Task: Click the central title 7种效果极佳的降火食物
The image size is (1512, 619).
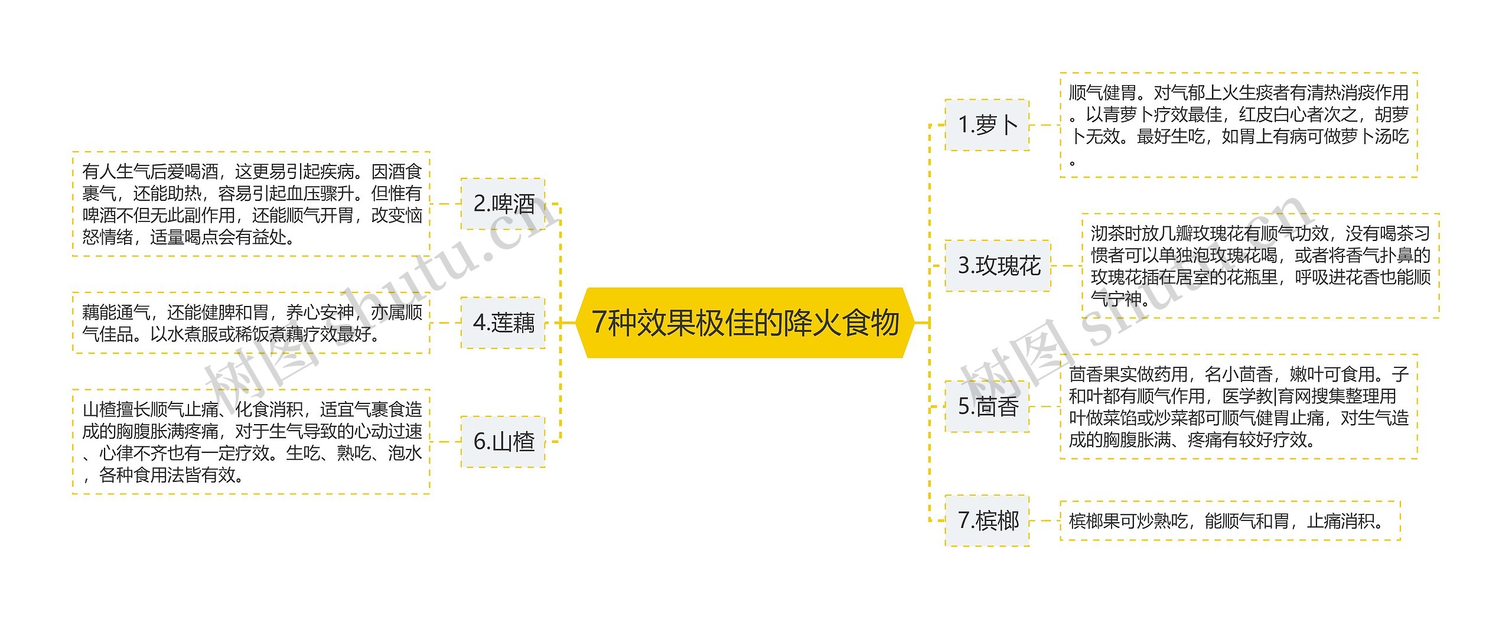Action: [745, 322]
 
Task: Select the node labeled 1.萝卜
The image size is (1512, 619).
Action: [987, 125]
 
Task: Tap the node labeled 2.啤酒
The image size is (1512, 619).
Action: [503, 204]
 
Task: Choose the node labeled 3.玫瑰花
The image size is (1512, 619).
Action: [998, 265]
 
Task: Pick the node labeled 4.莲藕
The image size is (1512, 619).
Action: [503, 322]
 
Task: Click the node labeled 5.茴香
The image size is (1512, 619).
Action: [987, 406]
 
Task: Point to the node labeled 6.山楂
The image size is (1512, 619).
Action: [503, 442]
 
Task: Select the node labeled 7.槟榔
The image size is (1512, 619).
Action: [987, 520]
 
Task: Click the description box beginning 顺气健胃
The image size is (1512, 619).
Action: [1238, 125]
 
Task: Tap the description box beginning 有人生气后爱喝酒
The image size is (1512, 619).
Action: [251, 204]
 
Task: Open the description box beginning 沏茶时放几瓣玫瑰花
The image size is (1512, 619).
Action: [1260, 265]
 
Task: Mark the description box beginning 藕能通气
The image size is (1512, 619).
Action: [251, 322]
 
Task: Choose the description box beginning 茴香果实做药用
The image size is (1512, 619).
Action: [1238, 406]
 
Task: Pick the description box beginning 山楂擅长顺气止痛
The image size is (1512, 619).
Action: [251, 442]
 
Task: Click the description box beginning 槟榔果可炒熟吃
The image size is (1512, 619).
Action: [1230, 520]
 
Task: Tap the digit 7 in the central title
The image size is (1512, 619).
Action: [599, 322]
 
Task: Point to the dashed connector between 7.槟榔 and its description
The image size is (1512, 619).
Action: [1044, 520]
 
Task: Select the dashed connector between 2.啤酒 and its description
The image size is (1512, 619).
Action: [445, 204]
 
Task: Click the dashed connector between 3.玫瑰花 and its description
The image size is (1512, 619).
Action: [1066, 265]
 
